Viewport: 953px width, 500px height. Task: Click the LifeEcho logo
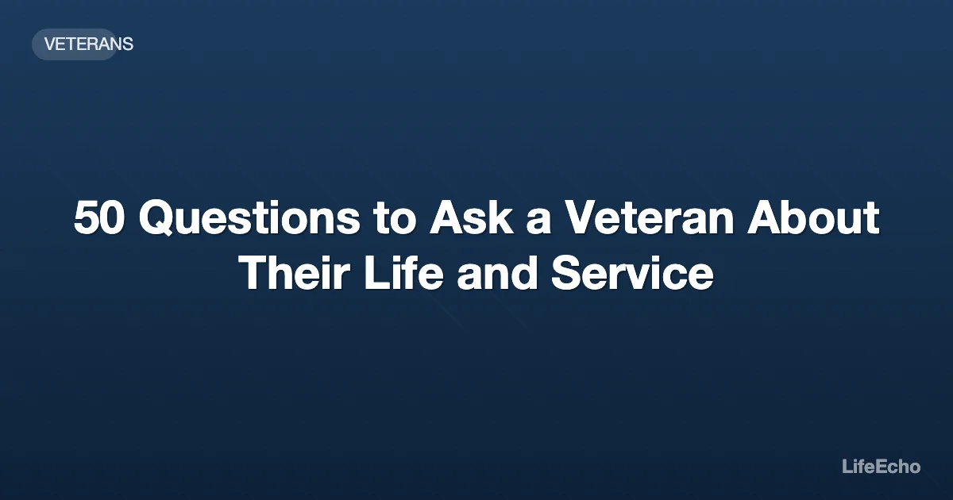(x=881, y=467)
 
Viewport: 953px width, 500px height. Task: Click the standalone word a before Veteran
(x=539, y=221)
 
